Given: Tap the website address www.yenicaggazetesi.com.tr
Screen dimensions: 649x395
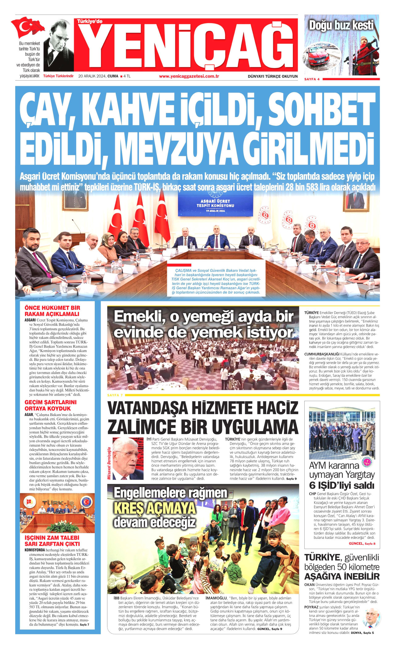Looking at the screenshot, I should [x=189, y=76].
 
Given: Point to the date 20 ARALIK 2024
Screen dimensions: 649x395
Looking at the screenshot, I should [x=92, y=76].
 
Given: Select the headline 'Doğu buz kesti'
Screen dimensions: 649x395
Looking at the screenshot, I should [x=341, y=25].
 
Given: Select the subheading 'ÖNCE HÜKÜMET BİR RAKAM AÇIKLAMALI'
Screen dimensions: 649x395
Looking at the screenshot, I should [x=52, y=311].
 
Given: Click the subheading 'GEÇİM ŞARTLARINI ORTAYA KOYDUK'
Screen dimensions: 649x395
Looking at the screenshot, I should [x=51, y=405].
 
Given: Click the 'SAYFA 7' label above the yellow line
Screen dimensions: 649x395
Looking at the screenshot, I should [x=115, y=395].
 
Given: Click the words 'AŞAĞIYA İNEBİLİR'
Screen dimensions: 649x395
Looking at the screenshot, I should [x=342, y=576].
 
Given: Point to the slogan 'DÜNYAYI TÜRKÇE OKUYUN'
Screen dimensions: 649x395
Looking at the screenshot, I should [x=272, y=76].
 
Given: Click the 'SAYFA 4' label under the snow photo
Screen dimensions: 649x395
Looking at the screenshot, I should [x=312, y=79].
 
